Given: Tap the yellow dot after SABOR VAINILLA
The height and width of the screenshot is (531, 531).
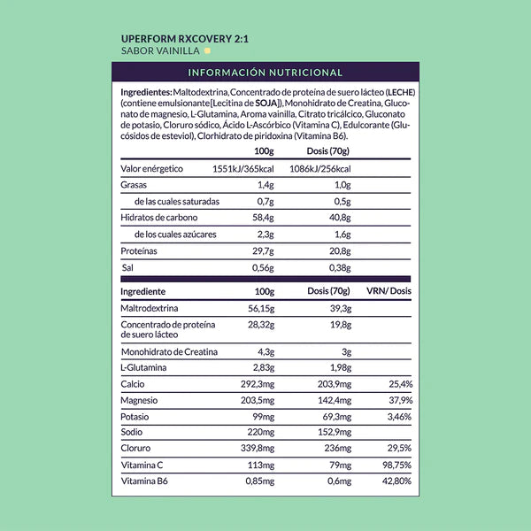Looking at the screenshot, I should coord(207,51).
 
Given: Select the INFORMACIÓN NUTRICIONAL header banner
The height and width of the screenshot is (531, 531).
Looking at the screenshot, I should coord(265,73).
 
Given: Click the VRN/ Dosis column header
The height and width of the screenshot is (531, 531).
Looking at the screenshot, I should coord(389,291).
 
